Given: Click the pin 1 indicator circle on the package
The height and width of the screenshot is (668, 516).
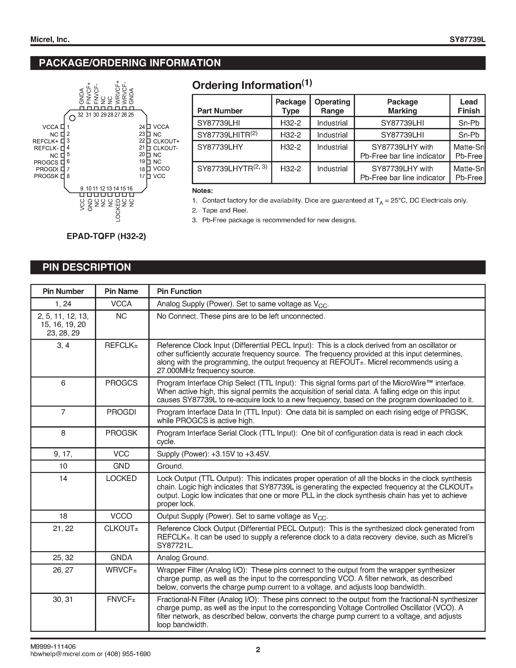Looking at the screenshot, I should tap(72, 118).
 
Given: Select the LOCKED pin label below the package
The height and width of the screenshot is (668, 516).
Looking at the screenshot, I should tap(118, 210).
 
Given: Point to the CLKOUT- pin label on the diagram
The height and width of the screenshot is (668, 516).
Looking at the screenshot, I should tap(165, 148).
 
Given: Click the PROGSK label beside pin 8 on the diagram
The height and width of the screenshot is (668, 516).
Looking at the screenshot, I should tap(46, 176).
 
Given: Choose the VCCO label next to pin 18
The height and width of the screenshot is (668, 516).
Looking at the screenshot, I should tap(161, 169).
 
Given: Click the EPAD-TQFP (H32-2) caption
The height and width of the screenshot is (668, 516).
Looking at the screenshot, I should tap(106, 236).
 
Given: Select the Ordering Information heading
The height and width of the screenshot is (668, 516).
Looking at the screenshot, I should tap(252, 85).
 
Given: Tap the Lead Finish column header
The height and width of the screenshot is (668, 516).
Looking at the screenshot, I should tap(468, 106).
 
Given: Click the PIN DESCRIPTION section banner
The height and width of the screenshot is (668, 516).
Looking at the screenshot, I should tap(86, 267).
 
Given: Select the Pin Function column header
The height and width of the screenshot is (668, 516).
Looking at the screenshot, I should tap(179, 291).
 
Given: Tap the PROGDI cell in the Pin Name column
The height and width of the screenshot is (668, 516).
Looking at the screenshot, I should tap(121, 412).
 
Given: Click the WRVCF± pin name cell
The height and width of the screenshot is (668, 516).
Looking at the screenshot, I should tap(121, 570).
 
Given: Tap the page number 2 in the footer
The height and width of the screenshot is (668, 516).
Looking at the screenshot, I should tap(258, 650).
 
